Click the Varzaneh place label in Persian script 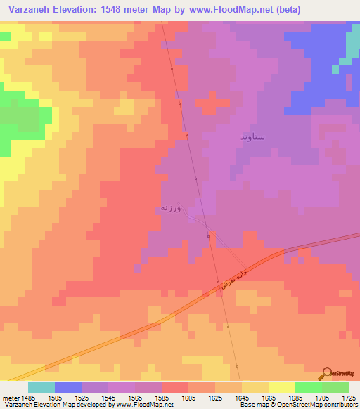[171, 208]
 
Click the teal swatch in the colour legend [41, 387]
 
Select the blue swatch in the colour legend [68, 387]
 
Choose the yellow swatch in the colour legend [281, 387]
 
